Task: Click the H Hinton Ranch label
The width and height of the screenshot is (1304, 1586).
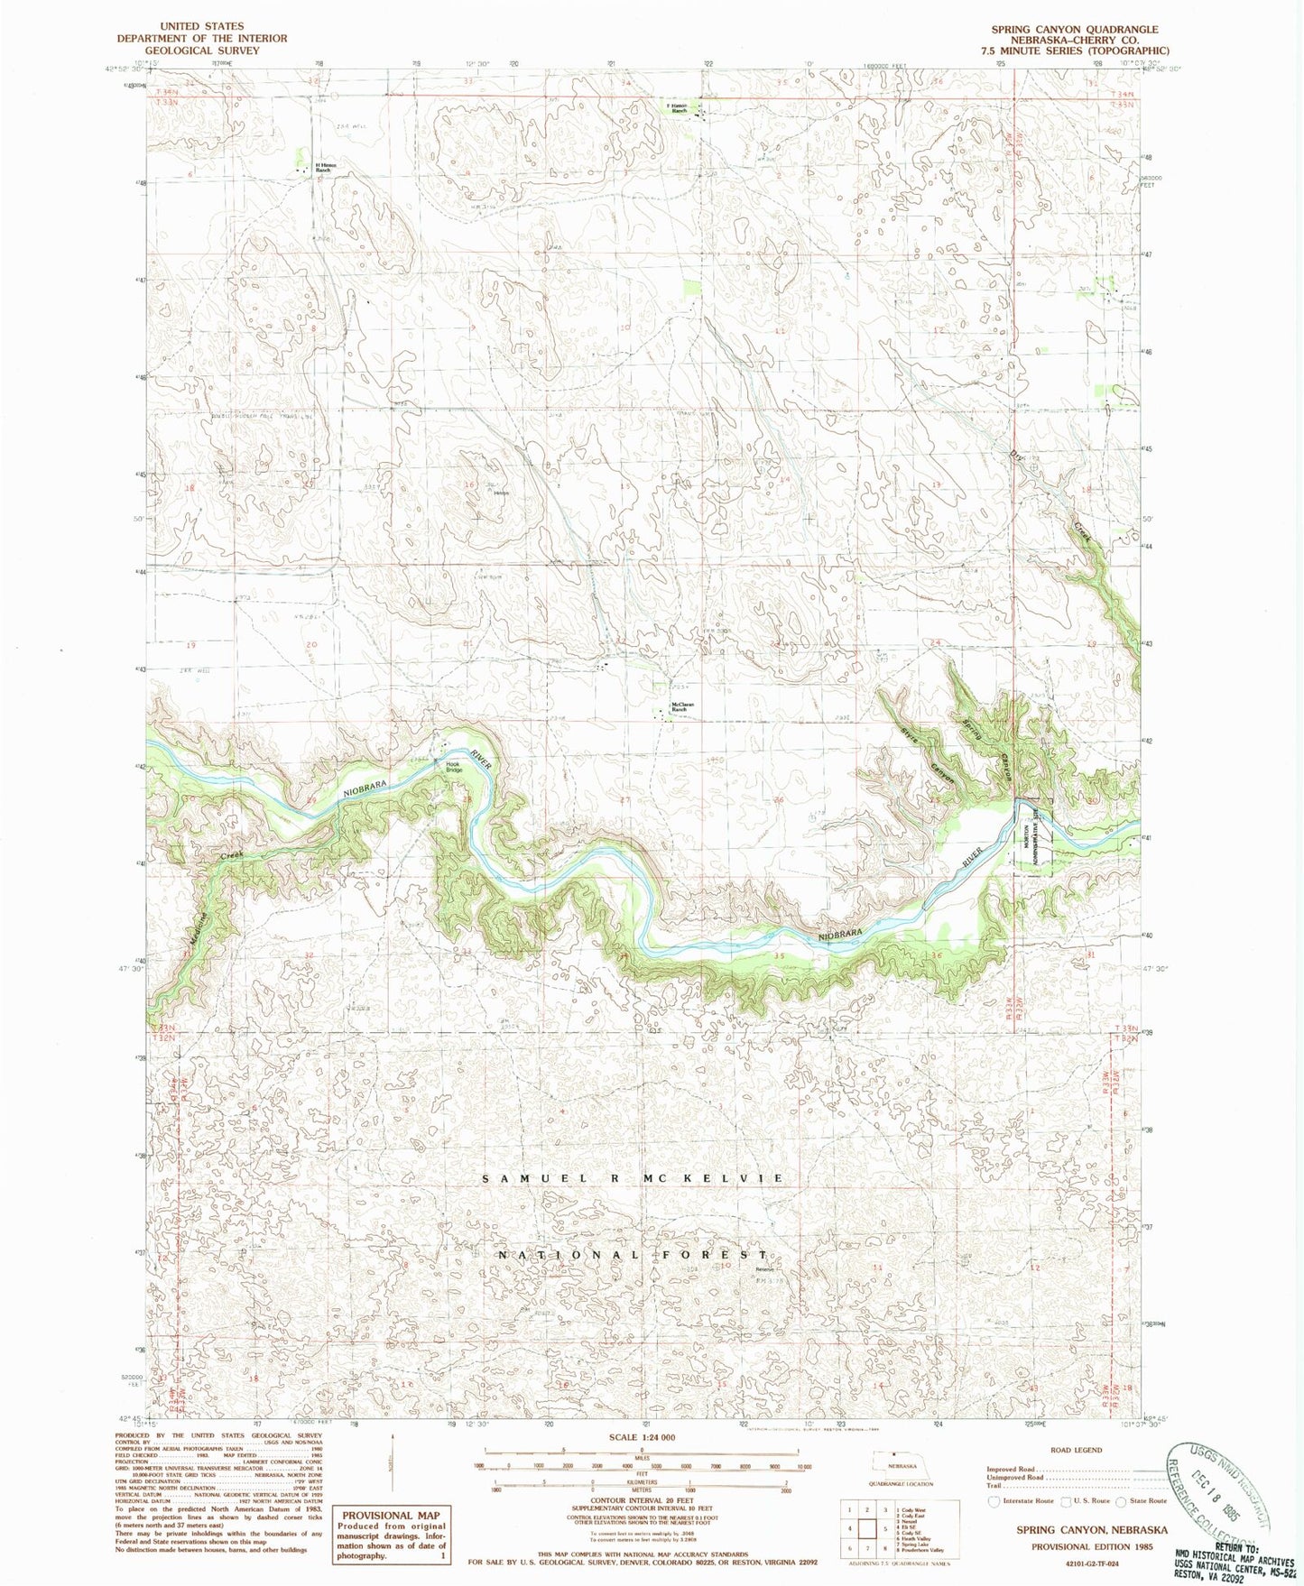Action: coord(328,167)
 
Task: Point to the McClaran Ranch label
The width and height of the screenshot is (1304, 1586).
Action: coord(679,708)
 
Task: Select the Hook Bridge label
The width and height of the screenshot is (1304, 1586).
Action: coord(453,768)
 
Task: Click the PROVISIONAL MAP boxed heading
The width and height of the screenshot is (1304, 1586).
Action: coord(390,1515)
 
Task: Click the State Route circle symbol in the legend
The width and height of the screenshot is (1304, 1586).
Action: coord(1122,1501)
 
